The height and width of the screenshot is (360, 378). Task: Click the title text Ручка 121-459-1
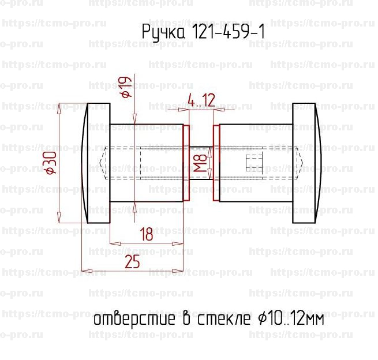pyautogui.click(x=203, y=32)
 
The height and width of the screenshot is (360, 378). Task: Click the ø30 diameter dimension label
pyautogui.click(x=51, y=163)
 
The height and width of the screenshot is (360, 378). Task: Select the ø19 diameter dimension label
pyautogui.click(x=126, y=87)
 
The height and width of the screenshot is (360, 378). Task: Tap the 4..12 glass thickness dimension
pyautogui.click(x=201, y=100)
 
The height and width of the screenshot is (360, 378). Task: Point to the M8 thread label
pyautogui.click(x=201, y=163)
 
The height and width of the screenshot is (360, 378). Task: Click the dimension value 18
pyautogui.click(x=147, y=234)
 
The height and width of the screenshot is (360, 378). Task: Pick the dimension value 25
pyautogui.click(x=132, y=262)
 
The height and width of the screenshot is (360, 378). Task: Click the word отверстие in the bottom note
pyautogui.click(x=134, y=320)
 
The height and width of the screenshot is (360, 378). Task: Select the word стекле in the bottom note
pyautogui.click(x=224, y=319)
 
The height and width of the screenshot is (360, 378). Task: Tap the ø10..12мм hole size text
pyautogui.click(x=291, y=319)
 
